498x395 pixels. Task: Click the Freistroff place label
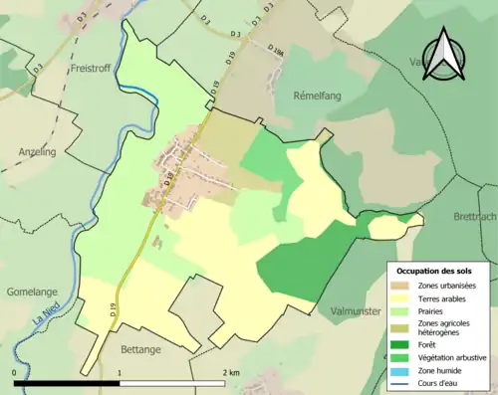95,69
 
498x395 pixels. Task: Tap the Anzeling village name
37,151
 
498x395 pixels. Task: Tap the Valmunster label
357,311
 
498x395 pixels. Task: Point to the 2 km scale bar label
230,373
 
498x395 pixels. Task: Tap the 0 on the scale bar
14,373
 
